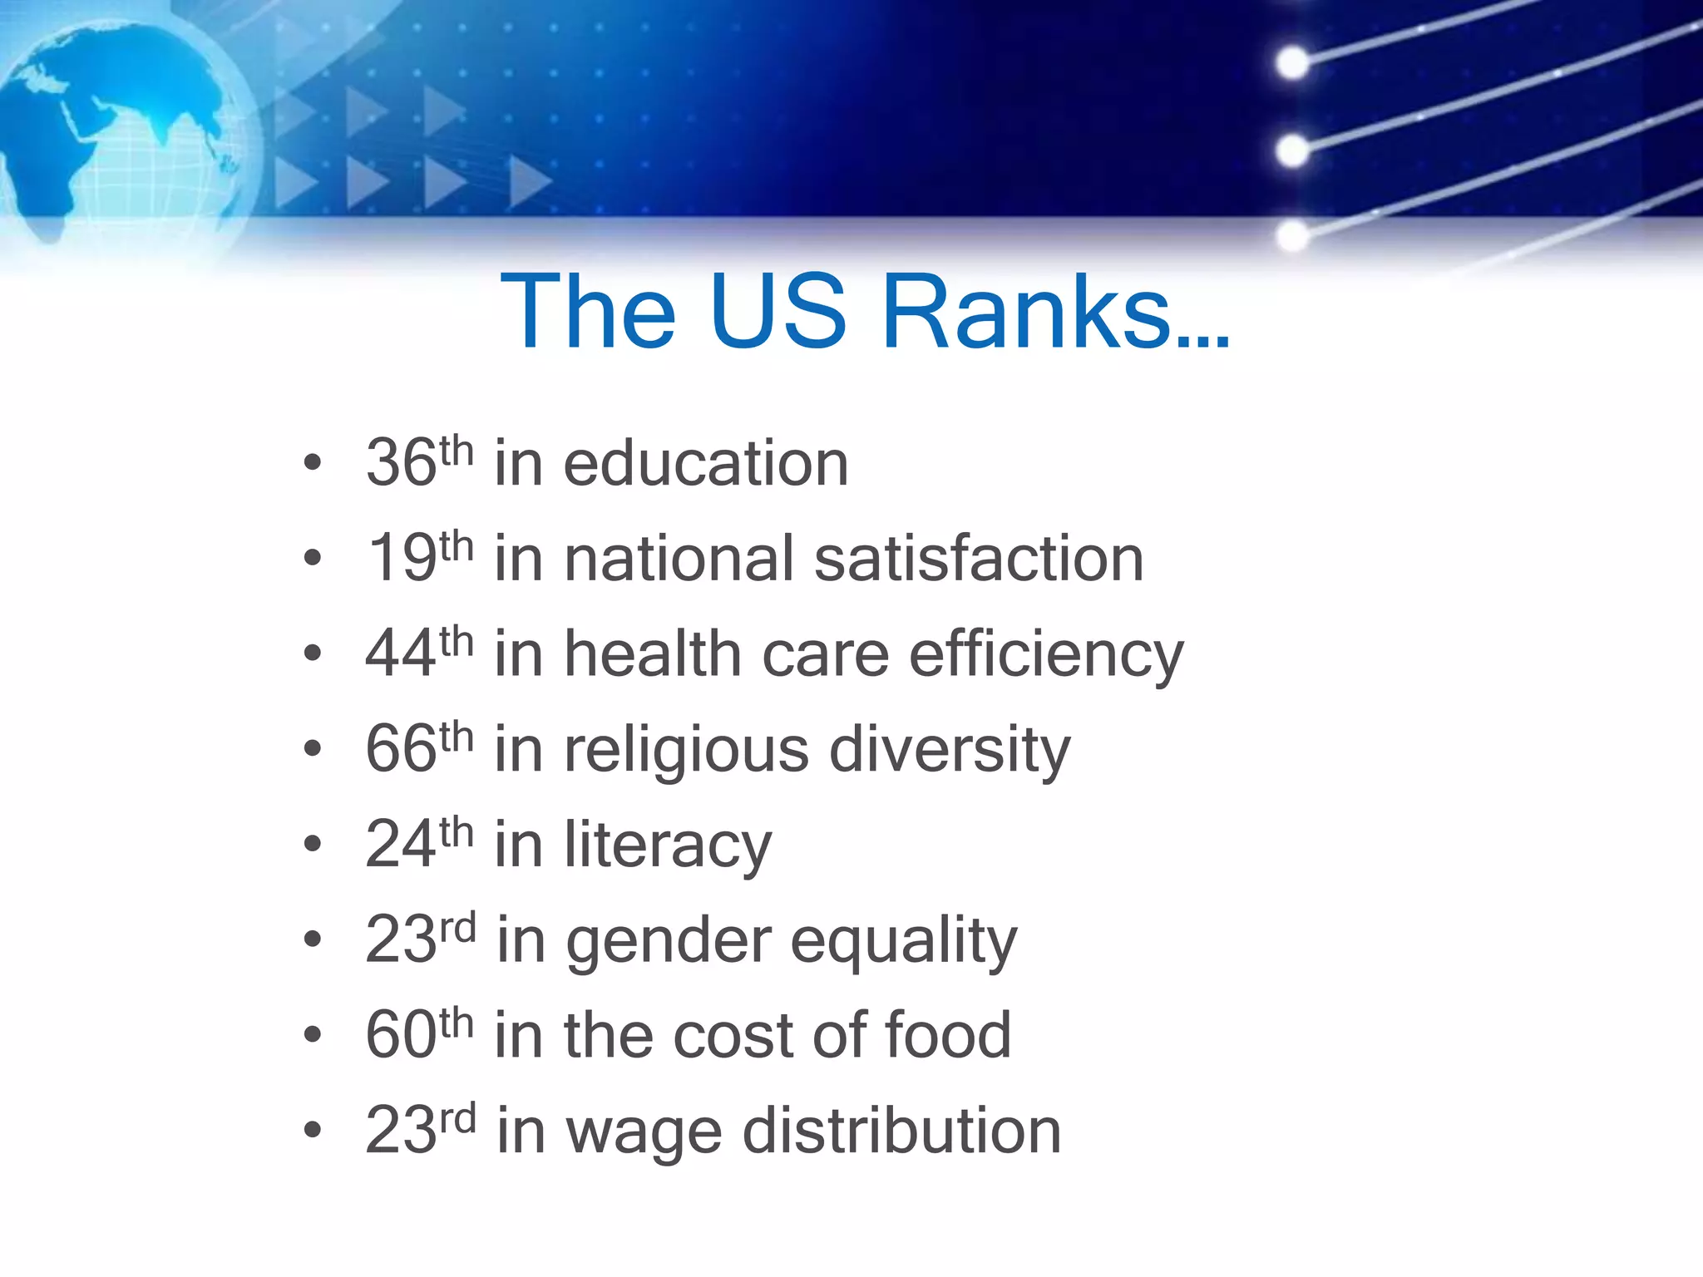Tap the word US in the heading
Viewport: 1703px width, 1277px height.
point(778,312)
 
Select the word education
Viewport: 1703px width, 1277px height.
point(706,463)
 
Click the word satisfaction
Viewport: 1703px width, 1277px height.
point(979,558)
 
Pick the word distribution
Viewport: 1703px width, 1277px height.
point(901,1131)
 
